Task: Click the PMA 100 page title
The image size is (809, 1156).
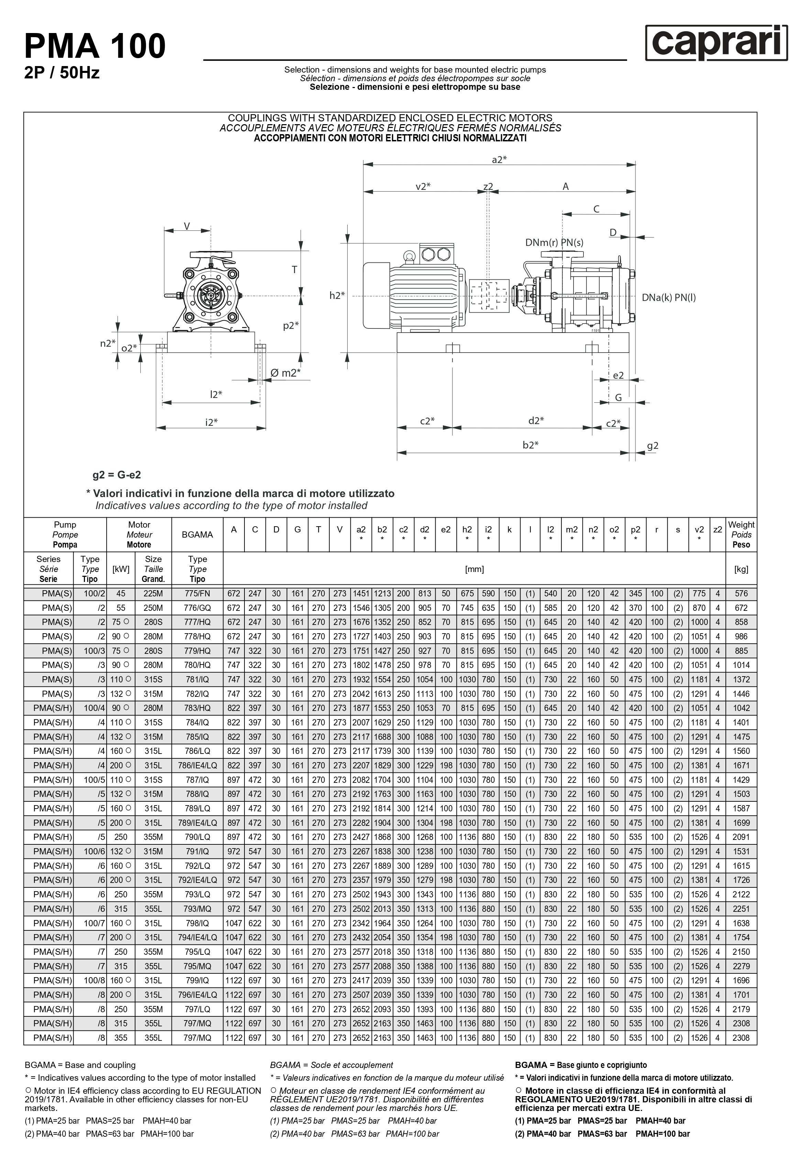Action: click(x=95, y=46)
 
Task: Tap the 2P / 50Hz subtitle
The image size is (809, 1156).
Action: click(x=62, y=73)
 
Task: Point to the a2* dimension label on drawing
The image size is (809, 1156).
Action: click(x=499, y=160)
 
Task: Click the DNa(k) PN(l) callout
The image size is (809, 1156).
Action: click(x=668, y=298)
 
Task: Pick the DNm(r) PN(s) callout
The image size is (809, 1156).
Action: click(x=554, y=243)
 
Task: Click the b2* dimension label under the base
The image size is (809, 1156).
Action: click(x=531, y=445)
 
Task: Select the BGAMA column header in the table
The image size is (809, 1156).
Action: click(x=197, y=535)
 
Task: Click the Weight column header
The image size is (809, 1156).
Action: click(x=741, y=535)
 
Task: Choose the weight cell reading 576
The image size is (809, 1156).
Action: click(x=741, y=594)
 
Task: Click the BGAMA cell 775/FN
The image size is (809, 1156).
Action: click(x=197, y=594)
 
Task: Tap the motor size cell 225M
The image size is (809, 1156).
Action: click(x=153, y=594)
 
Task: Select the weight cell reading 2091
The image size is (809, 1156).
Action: click(x=741, y=837)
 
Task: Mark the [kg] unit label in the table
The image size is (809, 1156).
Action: click(x=741, y=569)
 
